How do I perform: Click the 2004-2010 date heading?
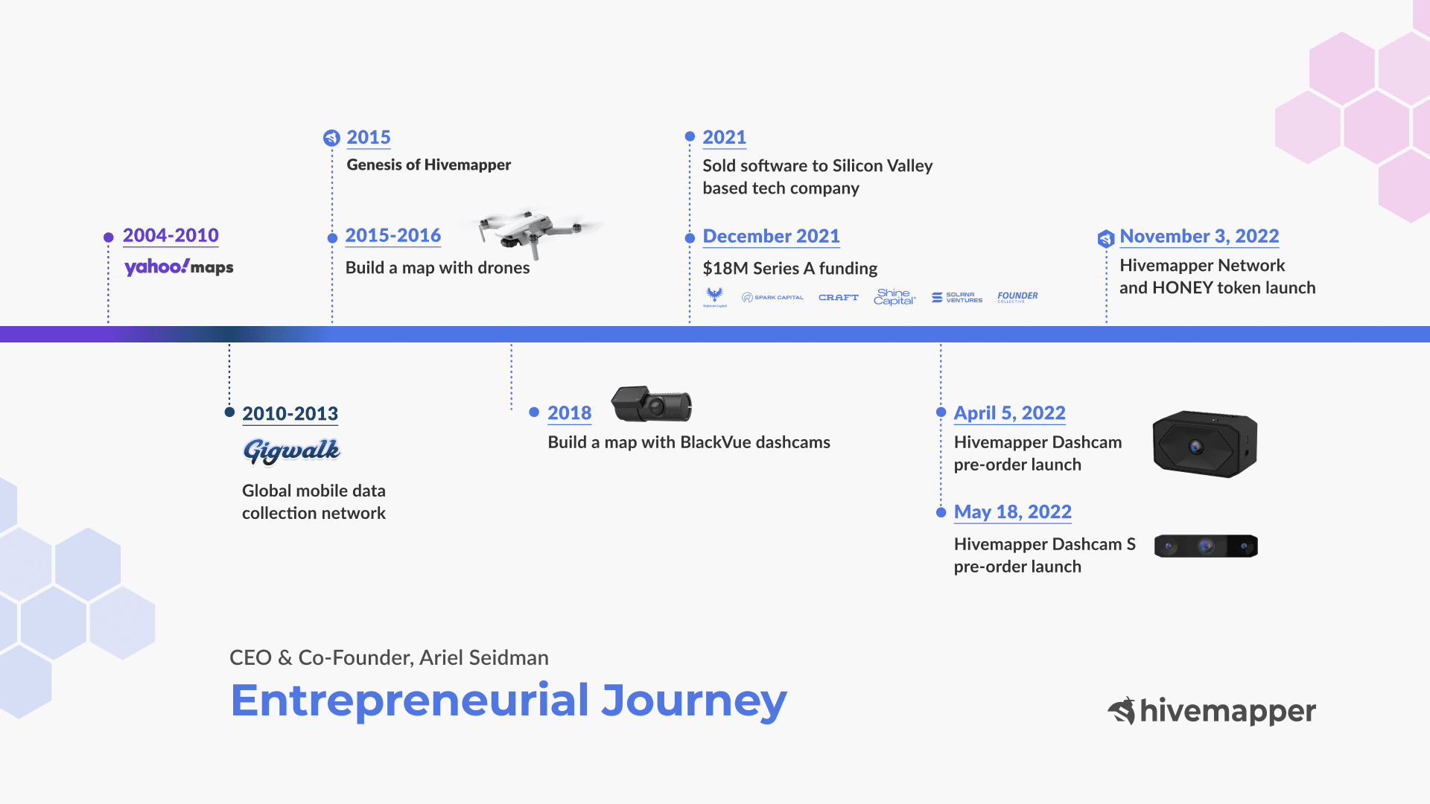tap(171, 235)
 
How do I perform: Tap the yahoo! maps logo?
tap(179, 267)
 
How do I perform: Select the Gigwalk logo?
tap(291, 450)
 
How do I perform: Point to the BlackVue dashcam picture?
tap(652, 405)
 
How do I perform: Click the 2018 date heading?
tap(569, 413)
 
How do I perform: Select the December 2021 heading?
tap(771, 236)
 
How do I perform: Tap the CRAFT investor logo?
tap(839, 297)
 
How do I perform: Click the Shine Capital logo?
tap(894, 297)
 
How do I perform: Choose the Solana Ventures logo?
tap(957, 297)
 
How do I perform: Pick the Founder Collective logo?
tap(1017, 296)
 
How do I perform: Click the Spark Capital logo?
tap(773, 297)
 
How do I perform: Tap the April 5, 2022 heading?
tap(1009, 413)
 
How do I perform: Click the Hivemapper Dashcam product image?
tap(1204, 444)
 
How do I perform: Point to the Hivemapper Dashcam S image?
tap(1206, 546)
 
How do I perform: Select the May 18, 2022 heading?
tap(1012, 512)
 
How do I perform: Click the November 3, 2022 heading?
tap(1199, 236)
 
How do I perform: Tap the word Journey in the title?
tap(693, 701)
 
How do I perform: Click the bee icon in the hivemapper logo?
tap(1122, 711)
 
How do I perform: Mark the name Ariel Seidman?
tap(484, 658)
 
